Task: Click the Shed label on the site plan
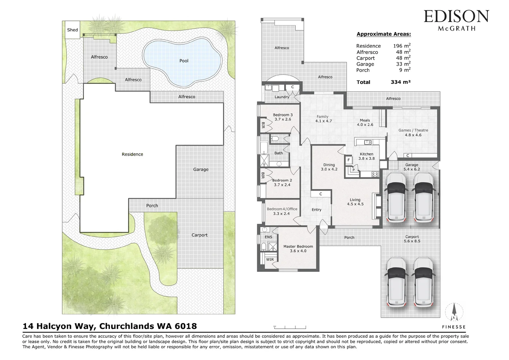pyautogui.click(x=73, y=30)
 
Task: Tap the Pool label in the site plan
pyautogui.click(x=184, y=61)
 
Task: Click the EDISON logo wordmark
pyautogui.click(x=456, y=16)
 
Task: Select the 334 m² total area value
pyautogui.click(x=401, y=82)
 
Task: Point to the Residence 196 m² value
pyautogui.click(x=402, y=46)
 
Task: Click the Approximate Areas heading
pyautogui.click(x=384, y=34)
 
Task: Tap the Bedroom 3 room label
pyautogui.click(x=283, y=115)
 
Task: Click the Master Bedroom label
pyautogui.click(x=298, y=246)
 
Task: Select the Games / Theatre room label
pyautogui.click(x=413, y=130)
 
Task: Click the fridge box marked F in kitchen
pyautogui.click(x=348, y=160)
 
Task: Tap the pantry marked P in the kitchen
pyautogui.click(x=353, y=170)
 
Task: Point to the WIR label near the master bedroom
pyautogui.click(x=270, y=259)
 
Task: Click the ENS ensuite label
pyautogui.click(x=268, y=237)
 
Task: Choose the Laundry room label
pyautogui.click(x=282, y=97)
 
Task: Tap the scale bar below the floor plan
pyautogui.click(x=290, y=327)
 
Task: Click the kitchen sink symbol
pyautogui.click(x=368, y=142)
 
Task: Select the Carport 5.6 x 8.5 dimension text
pyautogui.click(x=412, y=241)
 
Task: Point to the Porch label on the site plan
pyautogui.click(x=152, y=206)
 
